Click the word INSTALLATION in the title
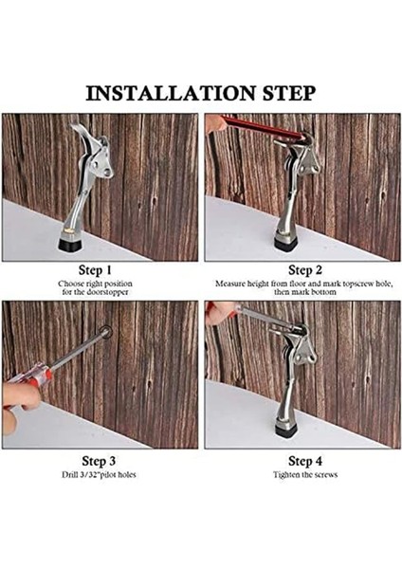pos(171,93)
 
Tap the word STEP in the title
pos(289,93)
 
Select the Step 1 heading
pos(95,270)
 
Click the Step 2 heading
pos(305,270)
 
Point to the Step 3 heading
pos(99,461)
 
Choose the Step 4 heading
pos(305,461)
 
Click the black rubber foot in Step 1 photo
pos(71,244)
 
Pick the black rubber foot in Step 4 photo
pos(286,431)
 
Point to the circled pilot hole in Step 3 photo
pos(105,332)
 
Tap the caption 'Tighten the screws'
pos(305,475)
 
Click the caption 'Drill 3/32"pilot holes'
pos(99,475)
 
